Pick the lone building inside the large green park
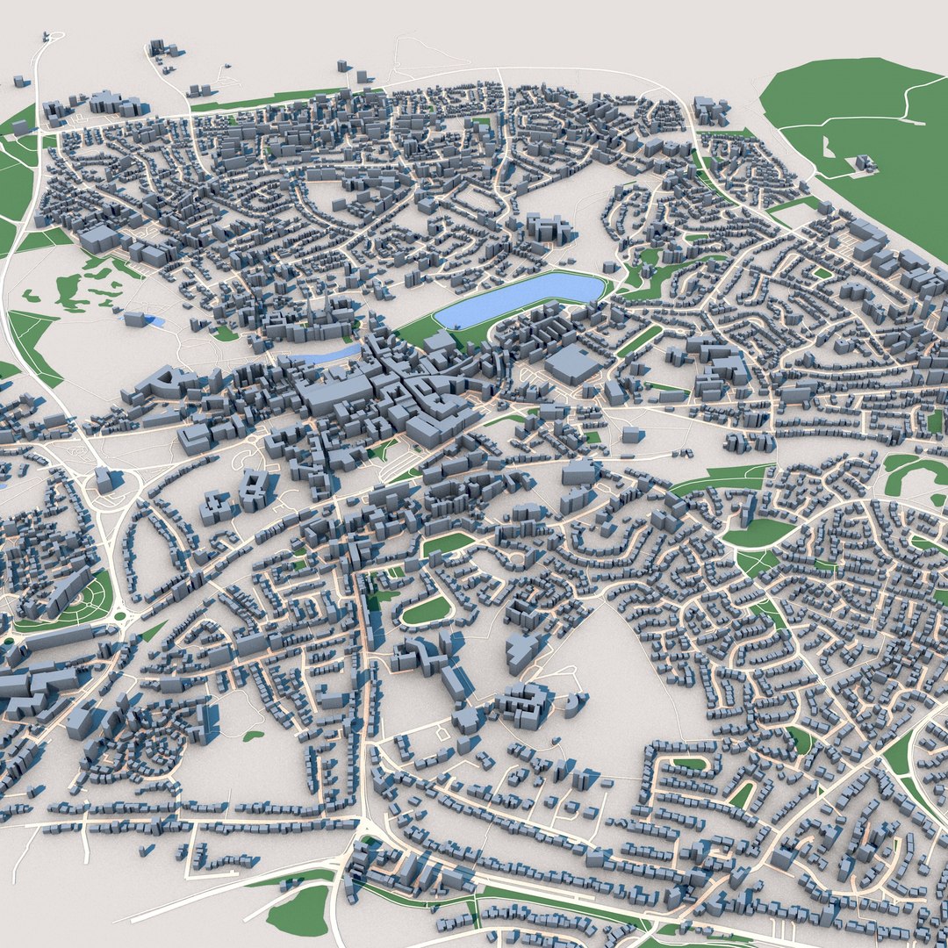[865, 162]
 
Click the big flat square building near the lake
[572, 363]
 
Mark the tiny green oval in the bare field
[253, 736]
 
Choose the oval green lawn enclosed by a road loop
[427, 610]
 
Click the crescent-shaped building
[574, 702]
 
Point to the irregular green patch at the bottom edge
[298, 909]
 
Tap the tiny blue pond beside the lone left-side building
[156, 321]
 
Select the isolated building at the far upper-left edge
[18, 81]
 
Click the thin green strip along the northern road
[263, 101]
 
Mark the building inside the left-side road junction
[104, 479]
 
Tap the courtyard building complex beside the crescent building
[525, 705]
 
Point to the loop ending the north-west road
[50, 37]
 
